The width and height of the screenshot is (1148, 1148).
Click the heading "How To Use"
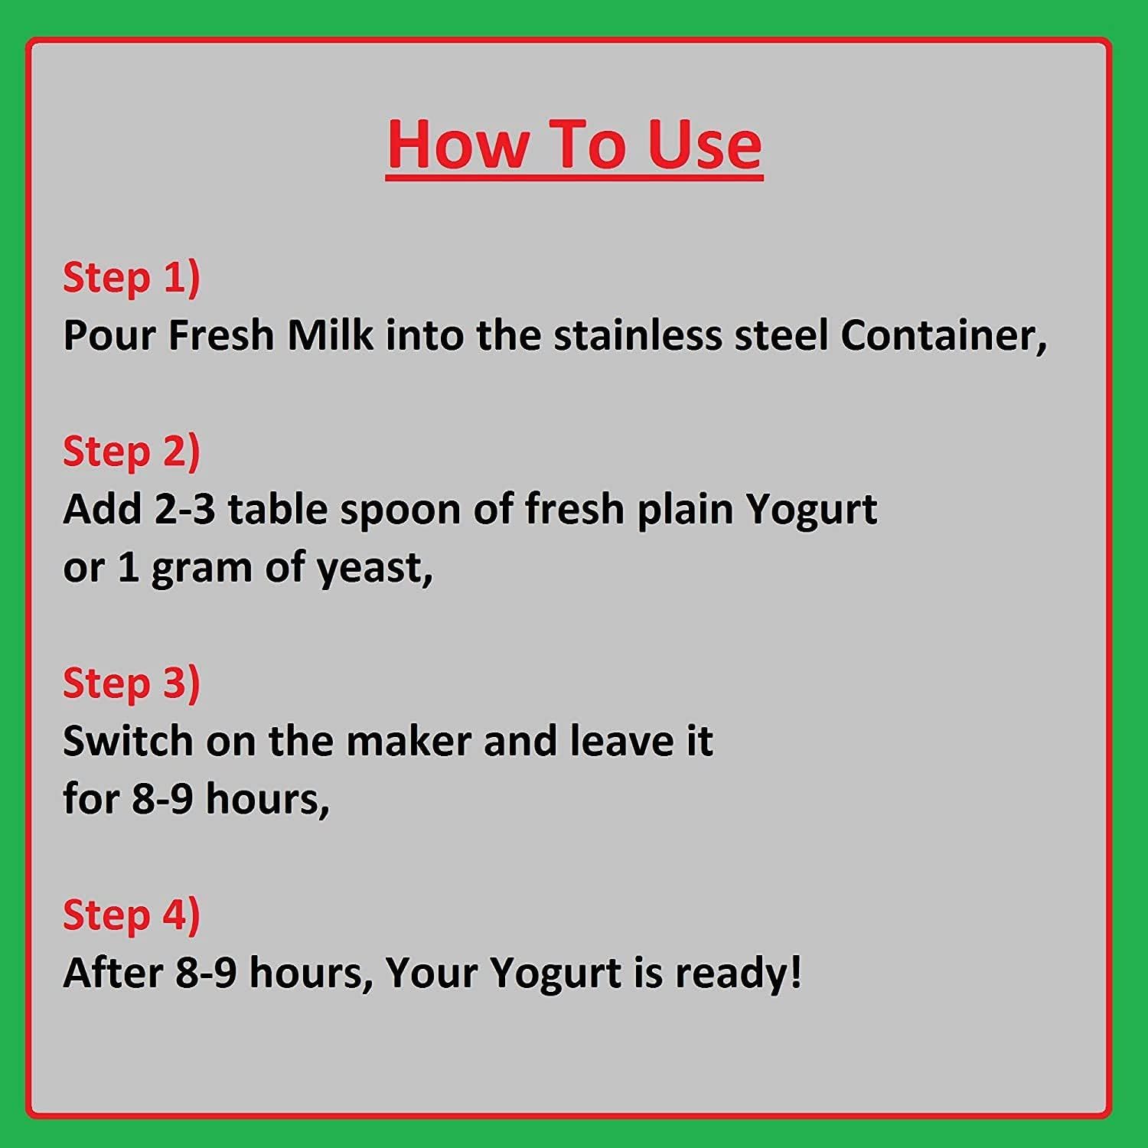tap(574, 145)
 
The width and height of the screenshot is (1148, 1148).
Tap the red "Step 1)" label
tap(131, 277)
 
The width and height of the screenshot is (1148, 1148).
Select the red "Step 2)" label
tap(131, 451)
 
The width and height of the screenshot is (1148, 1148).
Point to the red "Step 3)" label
tap(131, 683)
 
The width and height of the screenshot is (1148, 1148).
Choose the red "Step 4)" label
tap(131, 915)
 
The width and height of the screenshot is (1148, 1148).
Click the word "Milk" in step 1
tap(330, 335)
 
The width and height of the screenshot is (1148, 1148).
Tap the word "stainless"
tap(638, 335)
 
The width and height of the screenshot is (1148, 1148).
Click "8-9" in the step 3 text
tap(162, 799)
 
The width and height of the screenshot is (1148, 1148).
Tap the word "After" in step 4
tap(113, 973)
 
